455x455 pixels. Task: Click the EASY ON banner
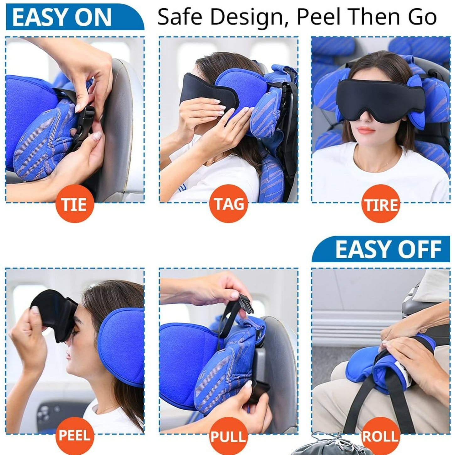(x=75, y=17)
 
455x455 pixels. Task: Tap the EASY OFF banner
(x=381, y=249)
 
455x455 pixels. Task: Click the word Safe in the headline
(x=180, y=17)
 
